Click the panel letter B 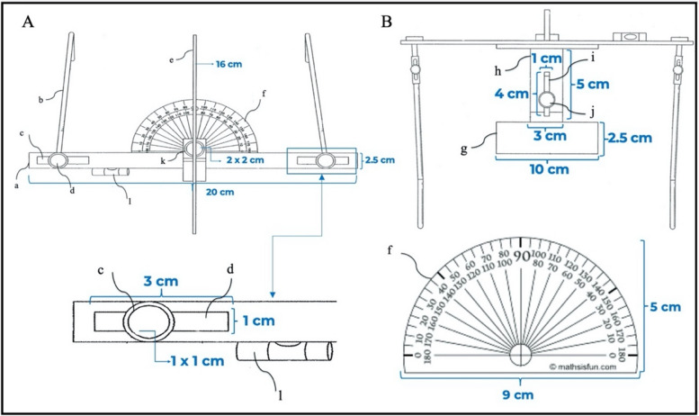pos(388,20)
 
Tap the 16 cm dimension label pos(215,65)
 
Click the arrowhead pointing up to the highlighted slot pos(321,180)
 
